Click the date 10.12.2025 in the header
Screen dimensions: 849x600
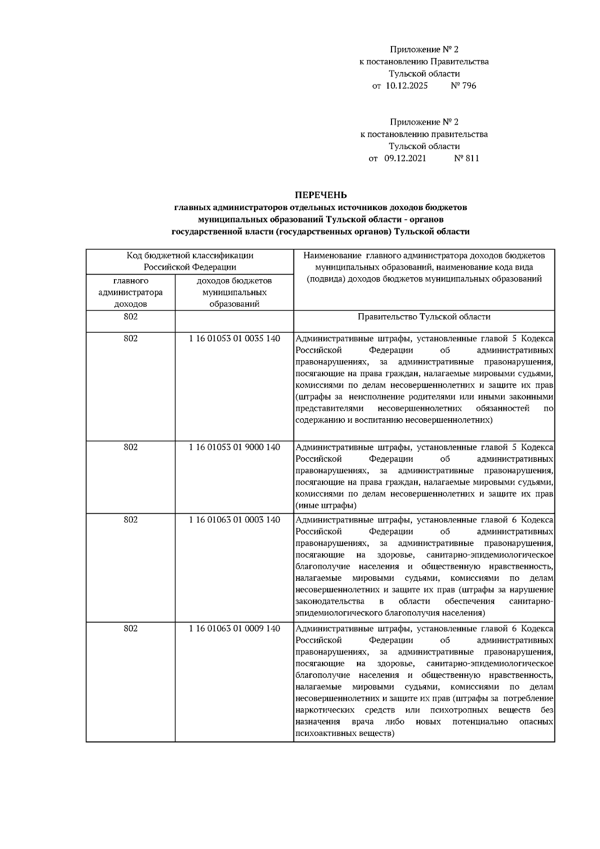(406, 86)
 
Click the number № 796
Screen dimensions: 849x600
(463, 86)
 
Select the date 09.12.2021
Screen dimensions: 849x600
(405, 159)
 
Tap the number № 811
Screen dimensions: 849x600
(466, 159)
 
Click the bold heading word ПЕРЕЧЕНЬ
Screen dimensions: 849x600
(320, 195)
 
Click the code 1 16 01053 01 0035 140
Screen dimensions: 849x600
(234, 339)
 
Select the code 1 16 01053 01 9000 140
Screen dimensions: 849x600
(234, 447)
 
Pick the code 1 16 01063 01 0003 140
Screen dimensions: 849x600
(234, 520)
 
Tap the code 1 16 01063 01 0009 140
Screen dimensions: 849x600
(234, 628)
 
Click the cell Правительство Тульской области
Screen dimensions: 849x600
(424, 317)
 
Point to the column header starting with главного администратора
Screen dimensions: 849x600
(130, 292)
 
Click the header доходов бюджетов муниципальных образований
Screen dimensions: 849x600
(234, 292)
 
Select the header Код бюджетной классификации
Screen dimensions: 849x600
(189, 256)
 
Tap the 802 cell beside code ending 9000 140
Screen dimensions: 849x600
(130, 447)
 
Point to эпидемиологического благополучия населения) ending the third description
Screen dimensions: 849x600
(390, 613)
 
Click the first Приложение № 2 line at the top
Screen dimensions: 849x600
(424, 50)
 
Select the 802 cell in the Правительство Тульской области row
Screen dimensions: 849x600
(130, 317)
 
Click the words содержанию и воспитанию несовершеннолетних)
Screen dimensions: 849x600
(394, 420)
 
